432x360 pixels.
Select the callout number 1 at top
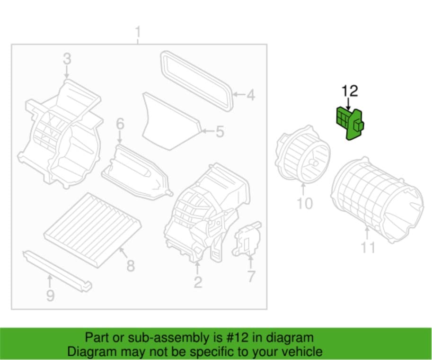click(138, 33)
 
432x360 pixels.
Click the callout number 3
click(67, 59)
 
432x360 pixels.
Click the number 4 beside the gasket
click(250, 95)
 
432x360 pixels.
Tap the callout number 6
click(120, 125)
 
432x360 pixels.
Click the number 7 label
click(251, 276)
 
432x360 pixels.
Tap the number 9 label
click(50, 296)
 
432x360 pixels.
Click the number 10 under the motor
click(305, 204)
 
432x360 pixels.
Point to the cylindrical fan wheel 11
click(376, 194)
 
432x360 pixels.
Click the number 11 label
click(368, 247)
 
